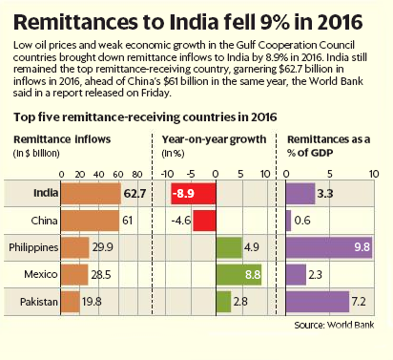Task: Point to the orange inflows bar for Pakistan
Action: click(71, 303)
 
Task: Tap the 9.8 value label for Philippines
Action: click(362, 247)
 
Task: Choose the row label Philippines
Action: click(34, 247)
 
